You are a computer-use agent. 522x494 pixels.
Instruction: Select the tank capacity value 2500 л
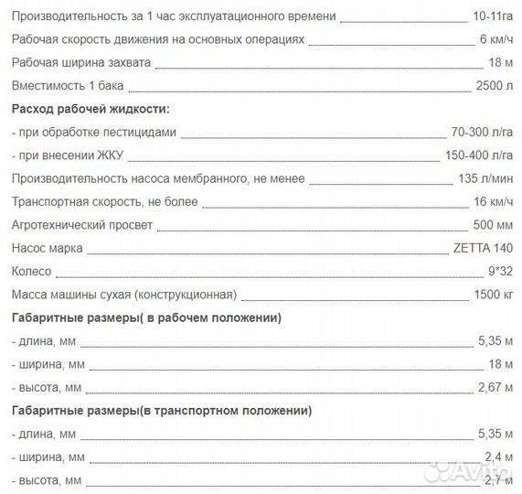pos(496,85)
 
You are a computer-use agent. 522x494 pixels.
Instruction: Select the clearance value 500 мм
pos(495,225)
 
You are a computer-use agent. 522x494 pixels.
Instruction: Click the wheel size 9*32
pos(501,272)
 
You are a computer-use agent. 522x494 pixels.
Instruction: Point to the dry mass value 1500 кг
pos(495,295)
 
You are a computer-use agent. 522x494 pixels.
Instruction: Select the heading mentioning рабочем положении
pos(146,317)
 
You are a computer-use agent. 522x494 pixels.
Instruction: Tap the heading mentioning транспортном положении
pos(161,411)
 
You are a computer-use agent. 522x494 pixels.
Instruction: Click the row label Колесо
pos(32,272)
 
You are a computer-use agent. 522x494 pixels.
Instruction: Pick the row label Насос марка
pos(48,248)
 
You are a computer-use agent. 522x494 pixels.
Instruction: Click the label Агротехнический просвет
pos(82,225)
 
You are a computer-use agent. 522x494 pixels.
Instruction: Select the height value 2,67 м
pos(496,388)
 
